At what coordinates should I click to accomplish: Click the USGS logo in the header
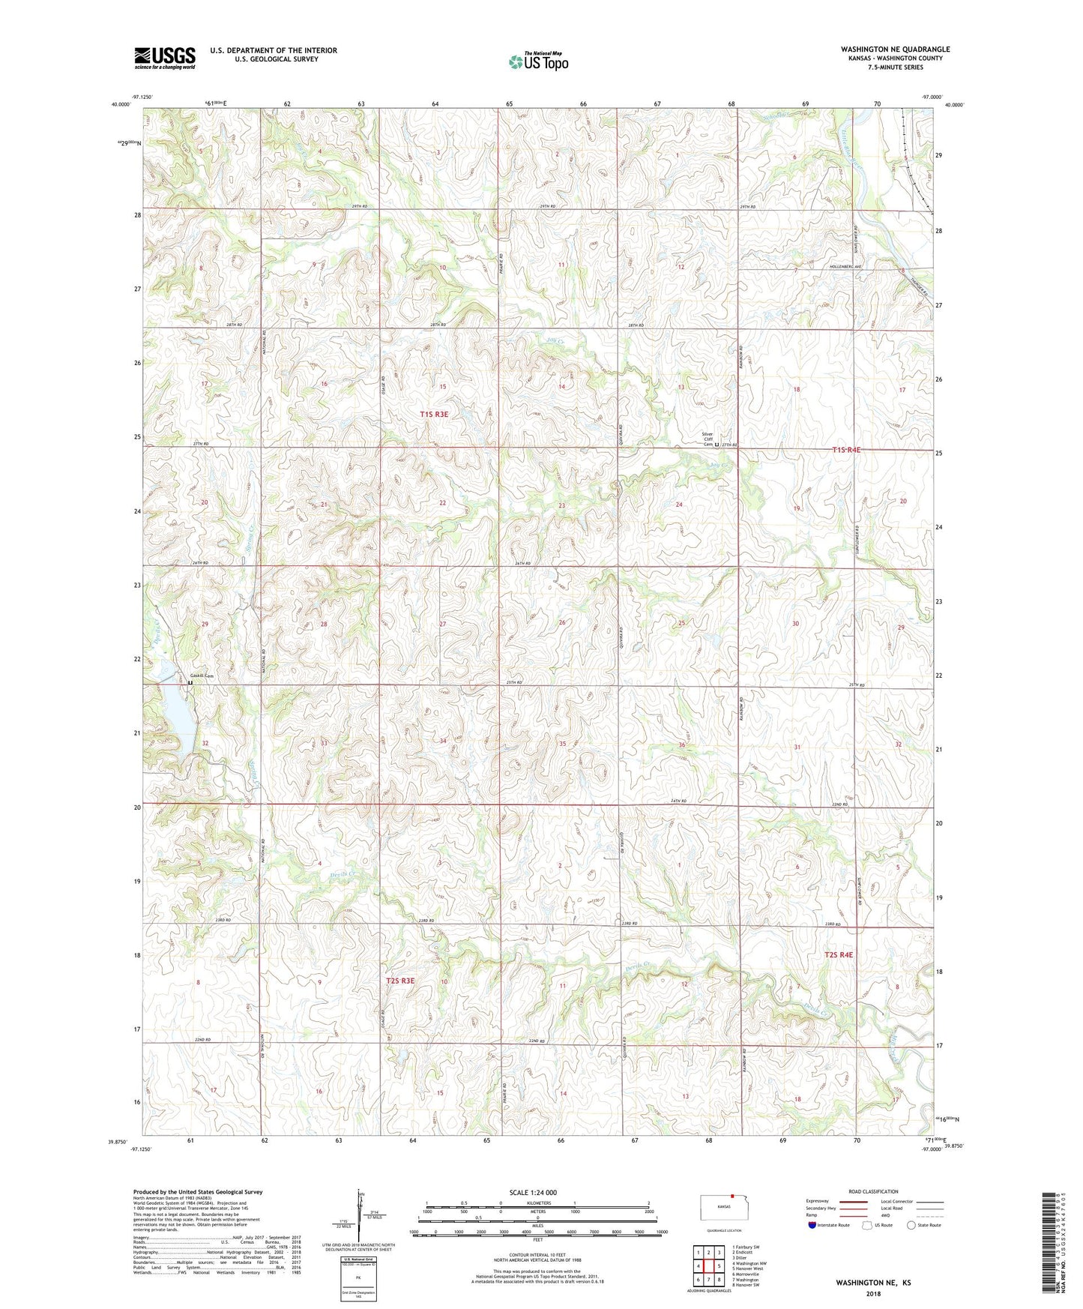point(164,58)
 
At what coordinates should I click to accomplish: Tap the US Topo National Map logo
point(538,61)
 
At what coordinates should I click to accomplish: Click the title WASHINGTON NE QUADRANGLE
point(895,49)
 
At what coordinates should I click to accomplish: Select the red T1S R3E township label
point(434,414)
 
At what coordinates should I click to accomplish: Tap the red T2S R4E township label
point(839,955)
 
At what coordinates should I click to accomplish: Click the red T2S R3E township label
point(400,981)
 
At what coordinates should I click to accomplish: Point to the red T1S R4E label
point(846,450)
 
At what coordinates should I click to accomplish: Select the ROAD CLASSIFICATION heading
point(873,1191)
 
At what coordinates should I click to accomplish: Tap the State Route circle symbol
point(911,1225)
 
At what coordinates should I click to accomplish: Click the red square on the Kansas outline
point(731,1196)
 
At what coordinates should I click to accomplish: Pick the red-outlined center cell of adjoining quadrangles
point(708,1266)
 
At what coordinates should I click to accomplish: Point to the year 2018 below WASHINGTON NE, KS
point(873,1293)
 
